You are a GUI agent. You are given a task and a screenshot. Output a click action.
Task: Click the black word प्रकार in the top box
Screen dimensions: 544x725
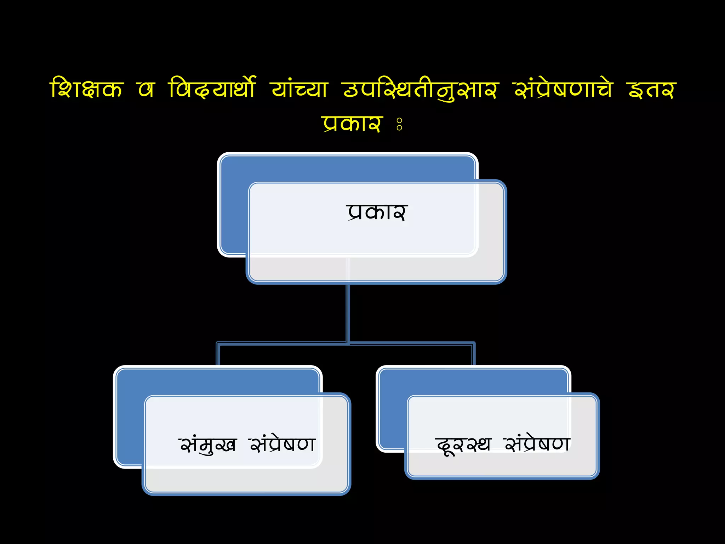tap(377, 212)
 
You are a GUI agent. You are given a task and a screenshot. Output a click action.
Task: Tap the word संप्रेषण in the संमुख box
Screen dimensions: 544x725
tap(282, 444)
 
